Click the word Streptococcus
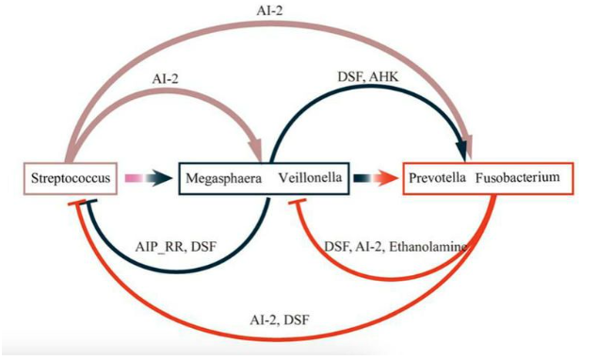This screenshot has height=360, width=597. coord(71,178)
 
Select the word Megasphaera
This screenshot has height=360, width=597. coord(224,178)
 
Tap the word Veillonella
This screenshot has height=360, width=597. coord(310,177)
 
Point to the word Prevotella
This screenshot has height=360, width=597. coord(437,177)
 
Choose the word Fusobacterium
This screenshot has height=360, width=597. coord(518,177)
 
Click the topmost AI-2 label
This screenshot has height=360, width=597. coord(269,10)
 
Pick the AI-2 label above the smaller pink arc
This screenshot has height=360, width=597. coord(165,79)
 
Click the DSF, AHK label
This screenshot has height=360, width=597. coord(368,77)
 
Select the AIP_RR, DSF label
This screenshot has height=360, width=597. coord(176,247)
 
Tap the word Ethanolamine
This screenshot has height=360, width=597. coord(428,247)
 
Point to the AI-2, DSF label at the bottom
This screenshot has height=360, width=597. coord(280,320)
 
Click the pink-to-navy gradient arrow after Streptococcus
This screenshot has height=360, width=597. coord(149,178)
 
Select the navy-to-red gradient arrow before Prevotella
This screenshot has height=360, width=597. coord(377,178)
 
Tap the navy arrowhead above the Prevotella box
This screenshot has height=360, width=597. coord(461,151)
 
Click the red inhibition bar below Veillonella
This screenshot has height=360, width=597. coord(298,201)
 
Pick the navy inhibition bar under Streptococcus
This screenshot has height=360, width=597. coord(91,202)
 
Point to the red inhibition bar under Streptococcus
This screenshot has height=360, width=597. coord(77,203)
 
